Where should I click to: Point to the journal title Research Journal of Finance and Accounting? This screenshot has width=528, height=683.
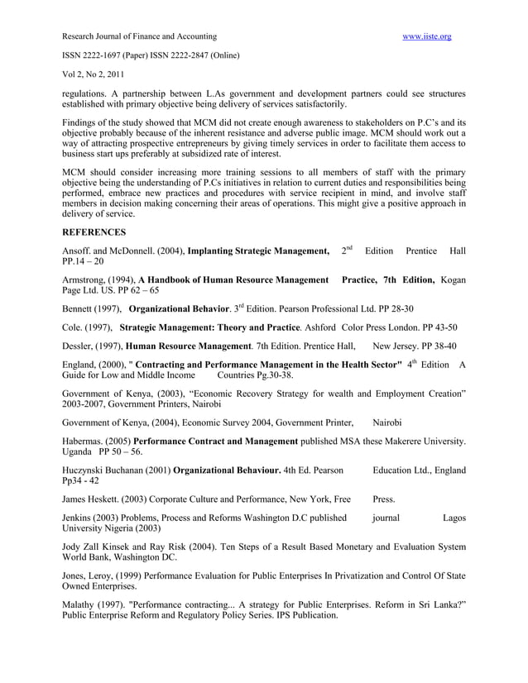[139, 36]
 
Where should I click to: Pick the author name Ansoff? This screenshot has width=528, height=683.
[77, 251]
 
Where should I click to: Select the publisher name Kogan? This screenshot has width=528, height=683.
[454, 281]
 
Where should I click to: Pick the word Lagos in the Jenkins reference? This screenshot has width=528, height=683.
[454, 518]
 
